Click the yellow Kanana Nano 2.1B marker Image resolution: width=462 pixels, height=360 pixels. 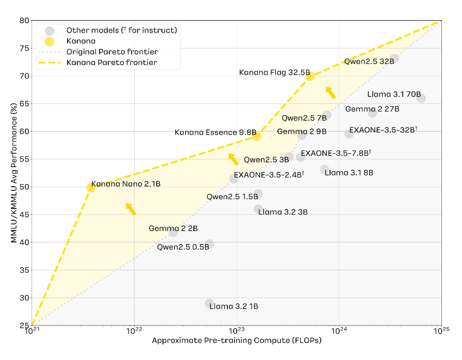91,188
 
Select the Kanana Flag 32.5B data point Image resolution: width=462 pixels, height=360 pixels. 310,76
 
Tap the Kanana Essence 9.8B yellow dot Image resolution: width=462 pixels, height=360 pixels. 256,136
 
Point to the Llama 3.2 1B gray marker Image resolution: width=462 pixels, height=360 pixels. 209,303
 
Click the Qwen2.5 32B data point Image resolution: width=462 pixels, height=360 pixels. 394,58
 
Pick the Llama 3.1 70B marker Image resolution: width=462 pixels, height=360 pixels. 421,98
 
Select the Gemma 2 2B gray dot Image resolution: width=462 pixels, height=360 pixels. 173,233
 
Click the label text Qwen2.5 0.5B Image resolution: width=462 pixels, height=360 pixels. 183,246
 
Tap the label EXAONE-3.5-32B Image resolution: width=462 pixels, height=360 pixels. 382,130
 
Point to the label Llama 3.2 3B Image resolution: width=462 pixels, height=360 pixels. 283,211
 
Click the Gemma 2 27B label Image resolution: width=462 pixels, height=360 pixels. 372,109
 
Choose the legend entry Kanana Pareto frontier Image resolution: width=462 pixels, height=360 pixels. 112,63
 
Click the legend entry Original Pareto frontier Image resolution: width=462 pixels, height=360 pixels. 112,52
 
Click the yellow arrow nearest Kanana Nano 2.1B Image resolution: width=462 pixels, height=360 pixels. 131,208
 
